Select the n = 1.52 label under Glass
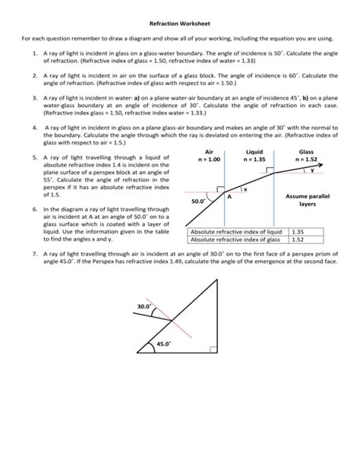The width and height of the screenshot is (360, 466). [307, 160]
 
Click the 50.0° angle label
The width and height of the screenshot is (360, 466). [200, 202]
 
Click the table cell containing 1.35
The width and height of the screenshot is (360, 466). [297, 231]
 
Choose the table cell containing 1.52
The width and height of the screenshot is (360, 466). [297, 239]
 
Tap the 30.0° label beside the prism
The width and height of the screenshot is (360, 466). [144, 306]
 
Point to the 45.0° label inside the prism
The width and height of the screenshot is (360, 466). [163, 344]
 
